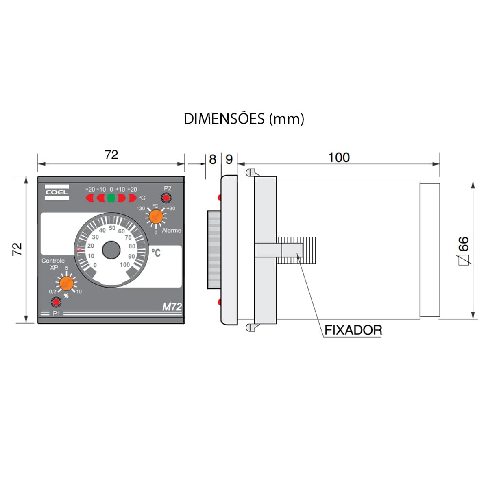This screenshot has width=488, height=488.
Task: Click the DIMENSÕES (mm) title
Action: [244, 119]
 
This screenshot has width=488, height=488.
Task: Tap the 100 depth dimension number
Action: [339, 157]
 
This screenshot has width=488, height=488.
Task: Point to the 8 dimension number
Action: [212, 159]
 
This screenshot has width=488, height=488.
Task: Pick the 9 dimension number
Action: [229, 159]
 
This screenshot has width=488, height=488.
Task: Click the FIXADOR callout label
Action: [353, 330]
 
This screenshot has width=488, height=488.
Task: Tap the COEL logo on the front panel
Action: [57, 192]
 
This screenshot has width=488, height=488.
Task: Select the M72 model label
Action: [172, 307]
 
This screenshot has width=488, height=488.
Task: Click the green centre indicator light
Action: [111, 198]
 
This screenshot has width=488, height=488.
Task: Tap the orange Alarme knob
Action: [155, 217]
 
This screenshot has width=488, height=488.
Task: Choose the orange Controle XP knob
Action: [66, 283]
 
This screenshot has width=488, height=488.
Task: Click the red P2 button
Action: [166, 198]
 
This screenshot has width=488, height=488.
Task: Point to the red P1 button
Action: [56, 302]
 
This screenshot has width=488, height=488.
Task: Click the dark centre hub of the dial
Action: [111, 250]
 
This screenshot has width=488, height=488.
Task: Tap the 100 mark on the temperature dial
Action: [124, 265]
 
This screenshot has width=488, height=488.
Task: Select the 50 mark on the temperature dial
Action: [112, 228]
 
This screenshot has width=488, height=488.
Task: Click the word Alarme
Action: [172, 231]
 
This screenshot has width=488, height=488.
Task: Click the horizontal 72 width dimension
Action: [111, 155]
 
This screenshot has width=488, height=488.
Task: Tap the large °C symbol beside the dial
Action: [156, 253]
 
